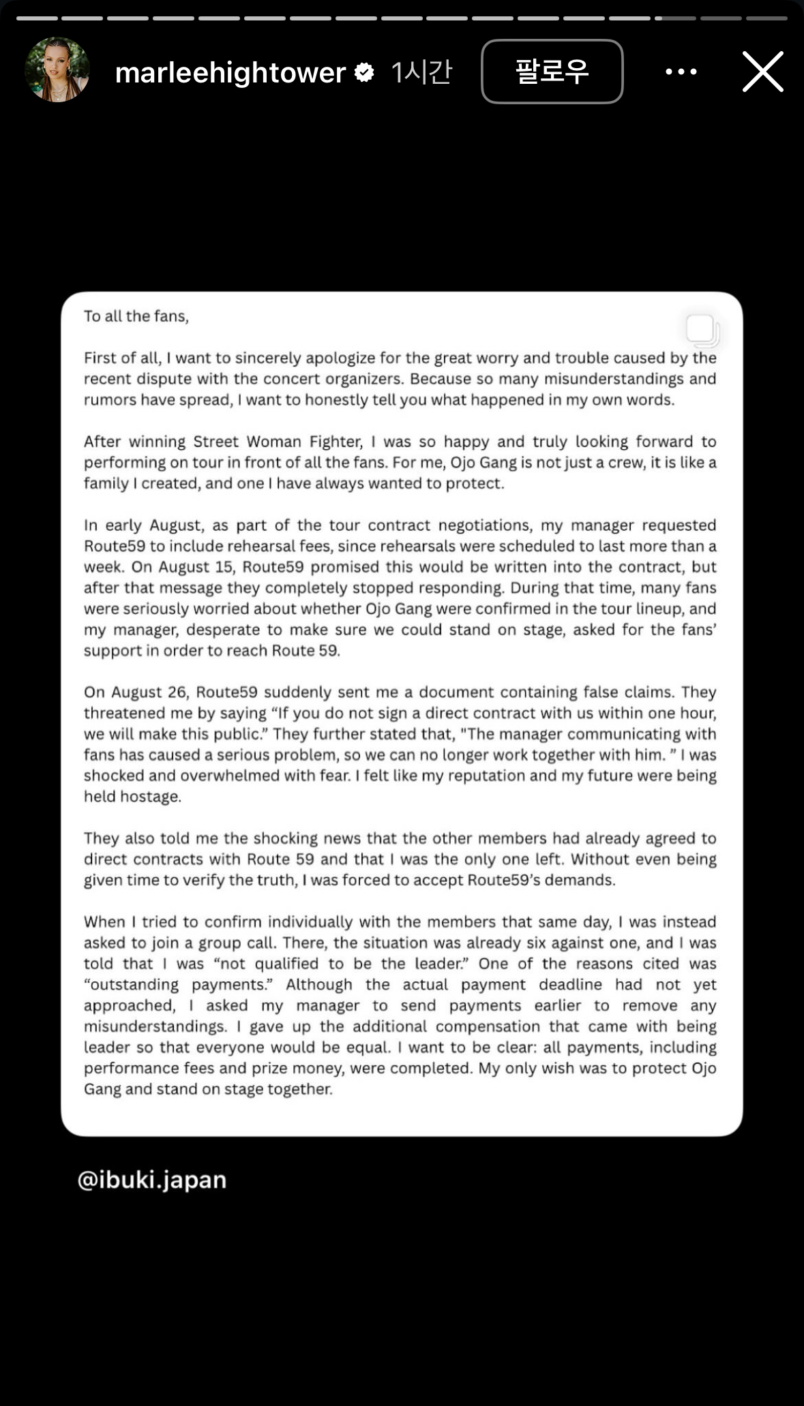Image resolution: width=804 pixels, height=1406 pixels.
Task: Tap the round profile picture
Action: (57, 70)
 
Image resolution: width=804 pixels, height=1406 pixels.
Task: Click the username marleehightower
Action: (230, 72)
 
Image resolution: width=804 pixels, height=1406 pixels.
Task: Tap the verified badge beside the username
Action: (365, 72)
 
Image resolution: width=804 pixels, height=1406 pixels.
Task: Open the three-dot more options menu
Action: (681, 72)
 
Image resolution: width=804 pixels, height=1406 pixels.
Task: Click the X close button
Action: (762, 72)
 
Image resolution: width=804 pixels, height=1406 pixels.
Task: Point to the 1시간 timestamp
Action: (421, 72)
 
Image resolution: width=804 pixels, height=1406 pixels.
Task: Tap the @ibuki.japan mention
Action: (152, 1180)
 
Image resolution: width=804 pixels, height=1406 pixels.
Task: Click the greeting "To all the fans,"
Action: (136, 316)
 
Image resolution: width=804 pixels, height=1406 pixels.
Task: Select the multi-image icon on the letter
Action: (702, 330)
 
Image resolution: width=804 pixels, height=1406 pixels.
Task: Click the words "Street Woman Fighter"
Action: (278, 442)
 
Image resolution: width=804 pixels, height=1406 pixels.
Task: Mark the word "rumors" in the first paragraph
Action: (110, 400)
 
